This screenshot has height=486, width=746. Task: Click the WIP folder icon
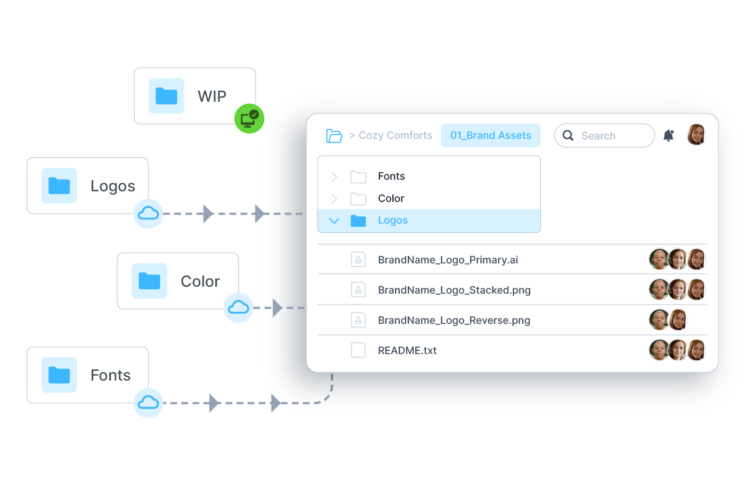(166, 96)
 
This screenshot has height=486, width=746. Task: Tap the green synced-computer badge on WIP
(249, 119)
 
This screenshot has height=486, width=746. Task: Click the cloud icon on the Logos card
(148, 214)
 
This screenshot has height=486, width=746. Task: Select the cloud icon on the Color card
(238, 307)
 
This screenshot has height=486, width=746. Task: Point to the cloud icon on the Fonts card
(148, 403)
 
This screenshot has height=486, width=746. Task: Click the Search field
(604, 136)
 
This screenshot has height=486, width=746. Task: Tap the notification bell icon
(669, 136)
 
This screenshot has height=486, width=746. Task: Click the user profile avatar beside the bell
(696, 135)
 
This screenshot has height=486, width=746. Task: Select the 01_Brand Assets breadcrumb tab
(490, 136)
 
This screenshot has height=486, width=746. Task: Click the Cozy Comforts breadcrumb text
(395, 136)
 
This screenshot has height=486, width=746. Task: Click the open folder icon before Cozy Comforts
(333, 136)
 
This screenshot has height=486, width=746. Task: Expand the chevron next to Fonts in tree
(334, 176)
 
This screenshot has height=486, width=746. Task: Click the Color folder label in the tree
(391, 198)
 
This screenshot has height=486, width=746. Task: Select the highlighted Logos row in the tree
(428, 220)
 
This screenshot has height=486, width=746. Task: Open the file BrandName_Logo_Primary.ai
(447, 260)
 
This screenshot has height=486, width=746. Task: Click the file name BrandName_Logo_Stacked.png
(454, 290)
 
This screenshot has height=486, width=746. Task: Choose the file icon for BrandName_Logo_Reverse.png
(358, 320)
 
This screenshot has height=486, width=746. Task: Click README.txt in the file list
(407, 350)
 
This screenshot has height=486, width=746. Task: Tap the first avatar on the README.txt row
(659, 350)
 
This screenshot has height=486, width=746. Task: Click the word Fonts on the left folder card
(110, 375)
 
